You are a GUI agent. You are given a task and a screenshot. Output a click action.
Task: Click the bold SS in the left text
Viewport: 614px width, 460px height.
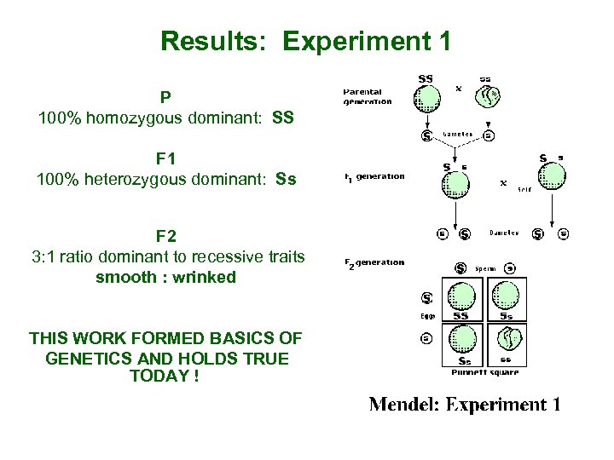283,117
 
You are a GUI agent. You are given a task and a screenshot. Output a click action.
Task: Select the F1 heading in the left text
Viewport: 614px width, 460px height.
166,158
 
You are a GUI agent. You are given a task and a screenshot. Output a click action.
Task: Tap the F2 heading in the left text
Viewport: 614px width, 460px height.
166,235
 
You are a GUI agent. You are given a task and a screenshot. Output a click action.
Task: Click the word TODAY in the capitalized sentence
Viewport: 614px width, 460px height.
158,376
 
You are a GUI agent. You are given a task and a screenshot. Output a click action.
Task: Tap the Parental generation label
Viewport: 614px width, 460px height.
367,96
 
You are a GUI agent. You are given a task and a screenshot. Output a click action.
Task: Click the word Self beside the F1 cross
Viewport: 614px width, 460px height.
524,189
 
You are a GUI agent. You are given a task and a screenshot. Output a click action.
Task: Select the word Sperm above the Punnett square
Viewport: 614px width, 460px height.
485,268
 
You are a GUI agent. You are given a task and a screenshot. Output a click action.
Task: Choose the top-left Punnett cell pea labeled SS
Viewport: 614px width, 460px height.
461,298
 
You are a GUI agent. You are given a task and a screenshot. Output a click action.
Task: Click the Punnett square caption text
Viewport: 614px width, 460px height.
484,372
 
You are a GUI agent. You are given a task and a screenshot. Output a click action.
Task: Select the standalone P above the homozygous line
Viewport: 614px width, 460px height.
166,97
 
